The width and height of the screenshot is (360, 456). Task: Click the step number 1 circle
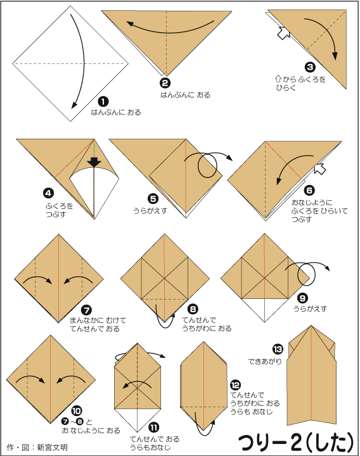tap(103, 102)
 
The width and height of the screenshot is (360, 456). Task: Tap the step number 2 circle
tap(165, 84)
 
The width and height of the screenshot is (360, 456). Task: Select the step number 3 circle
tap(310, 67)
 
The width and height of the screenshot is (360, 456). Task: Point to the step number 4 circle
tap(48, 193)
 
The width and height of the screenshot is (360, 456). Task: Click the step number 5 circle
tap(153, 199)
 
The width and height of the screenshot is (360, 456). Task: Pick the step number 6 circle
tap(309, 191)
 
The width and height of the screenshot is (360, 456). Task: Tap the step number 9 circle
tap(303, 298)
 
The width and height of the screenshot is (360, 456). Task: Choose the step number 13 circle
tap(278, 349)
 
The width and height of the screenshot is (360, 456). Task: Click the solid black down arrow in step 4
tap(94, 161)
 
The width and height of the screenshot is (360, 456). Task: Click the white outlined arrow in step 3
tap(283, 33)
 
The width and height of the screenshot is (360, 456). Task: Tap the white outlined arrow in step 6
tap(320, 168)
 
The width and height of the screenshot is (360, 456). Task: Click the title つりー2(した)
tap(296, 443)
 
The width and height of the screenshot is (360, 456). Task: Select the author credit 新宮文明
tap(52, 447)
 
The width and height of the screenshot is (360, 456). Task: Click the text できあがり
tap(265, 362)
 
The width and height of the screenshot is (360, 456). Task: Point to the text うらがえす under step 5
tap(150, 210)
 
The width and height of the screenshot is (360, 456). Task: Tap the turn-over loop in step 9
tap(307, 274)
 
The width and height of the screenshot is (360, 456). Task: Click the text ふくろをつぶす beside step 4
tap(60, 210)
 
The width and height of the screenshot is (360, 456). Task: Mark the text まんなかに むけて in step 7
tap(98, 320)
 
